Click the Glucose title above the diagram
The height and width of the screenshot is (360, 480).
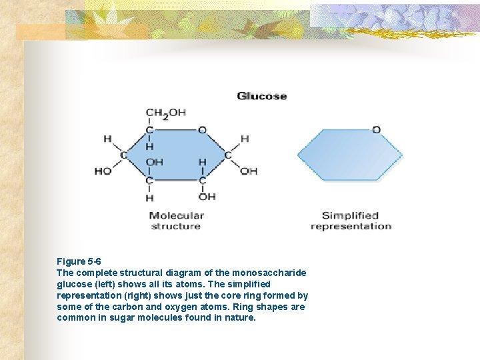(x=261, y=96)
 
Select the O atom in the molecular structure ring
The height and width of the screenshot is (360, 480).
(x=202, y=129)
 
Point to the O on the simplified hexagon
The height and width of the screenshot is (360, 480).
(x=376, y=129)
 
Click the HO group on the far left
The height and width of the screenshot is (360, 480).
(x=103, y=171)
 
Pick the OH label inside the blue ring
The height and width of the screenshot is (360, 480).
(x=154, y=162)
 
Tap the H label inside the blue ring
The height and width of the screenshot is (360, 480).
(x=202, y=162)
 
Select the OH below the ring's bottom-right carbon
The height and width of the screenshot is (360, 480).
(x=207, y=196)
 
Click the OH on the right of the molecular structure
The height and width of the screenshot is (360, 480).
(x=249, y=171)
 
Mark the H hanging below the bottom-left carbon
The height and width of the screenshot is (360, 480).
(x=149, y=197)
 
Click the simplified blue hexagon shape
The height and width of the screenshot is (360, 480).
(x=349, y=155)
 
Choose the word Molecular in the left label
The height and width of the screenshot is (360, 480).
(x=176, y=215)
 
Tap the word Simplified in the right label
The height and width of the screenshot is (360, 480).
(x=350, y=215)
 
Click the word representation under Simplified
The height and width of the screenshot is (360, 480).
(x=351, y=226)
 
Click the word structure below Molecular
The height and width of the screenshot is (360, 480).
(x=175, y=226)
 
